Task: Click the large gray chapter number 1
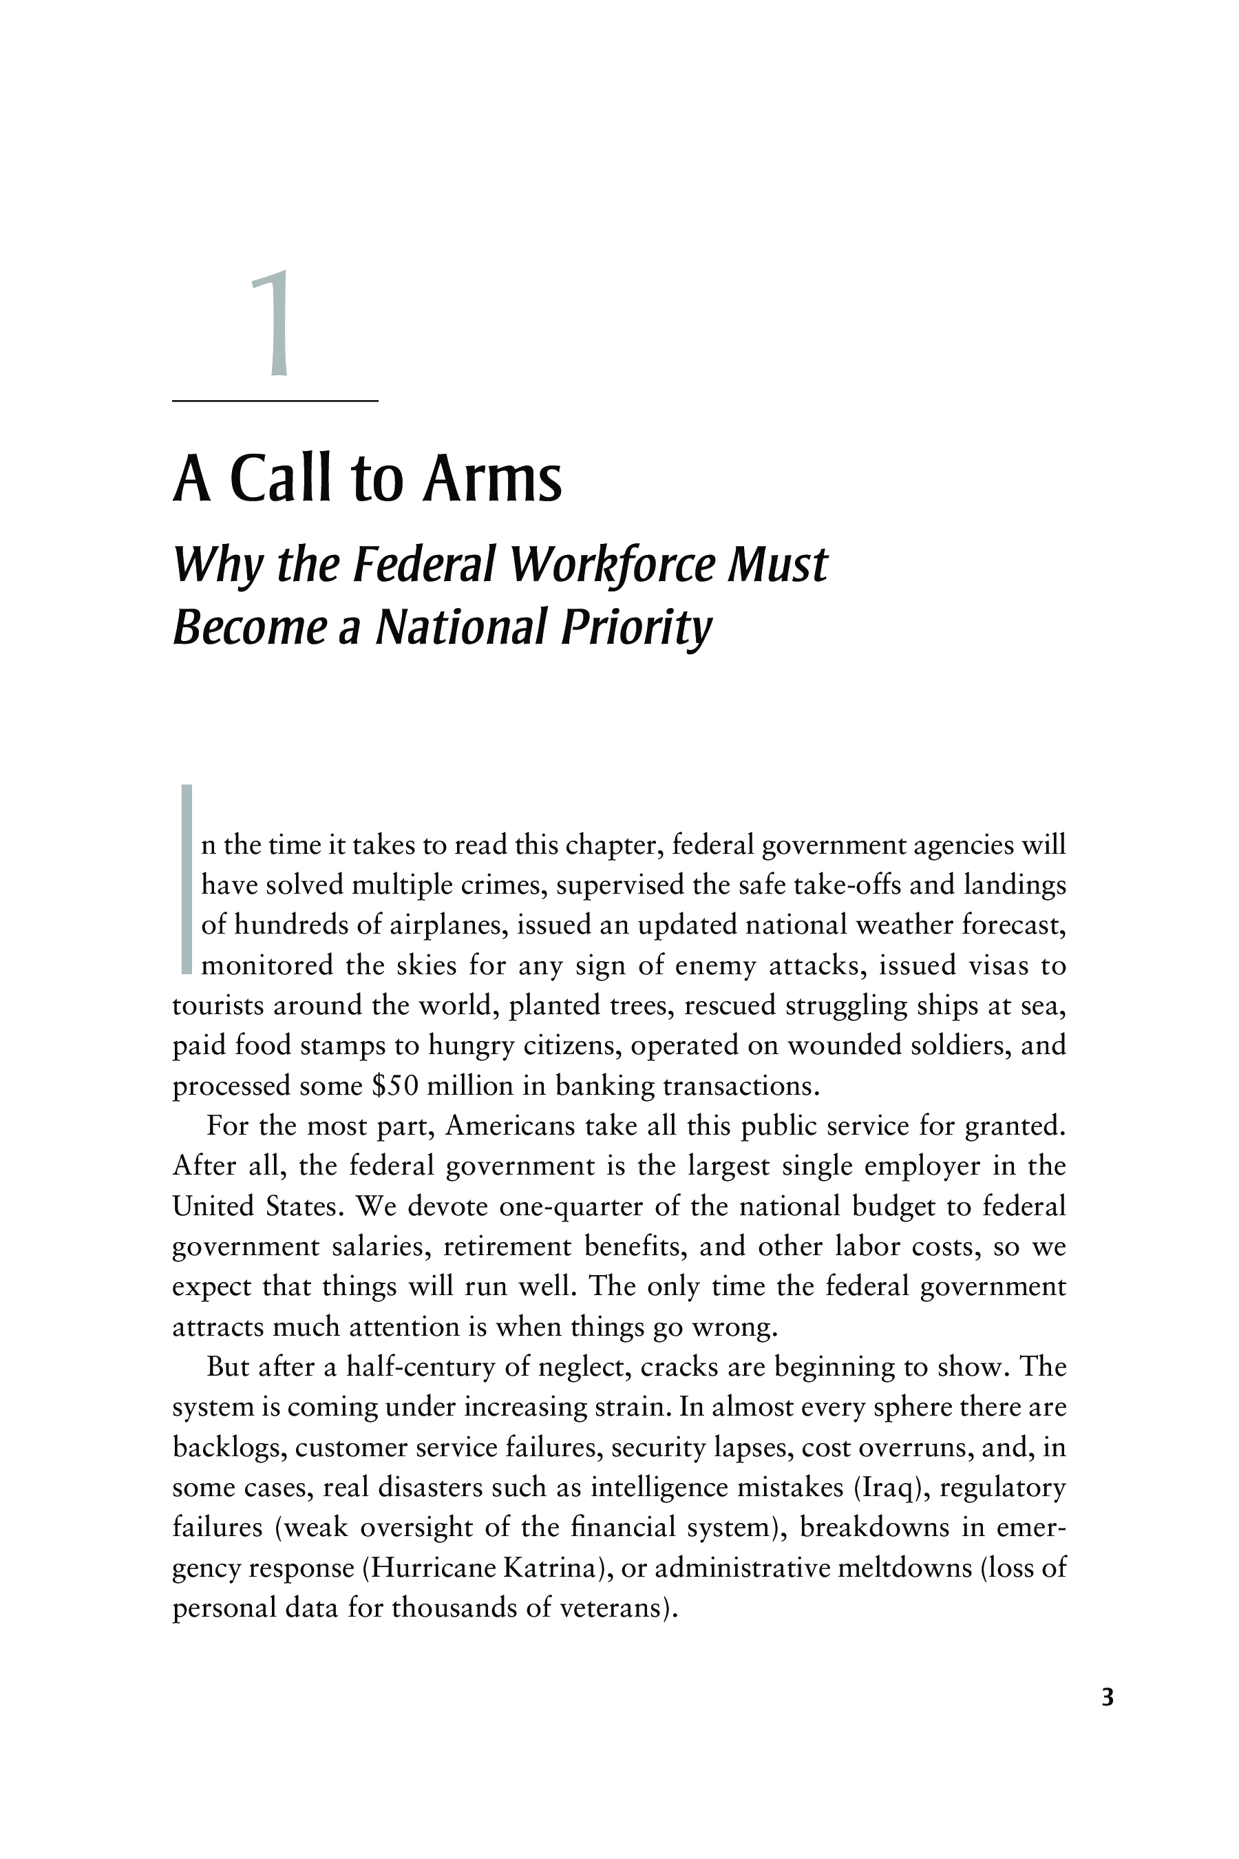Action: tap(273, 324)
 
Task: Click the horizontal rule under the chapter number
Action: tap(275, 401)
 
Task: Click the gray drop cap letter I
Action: tap(187, 878)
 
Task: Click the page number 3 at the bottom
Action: tap(1107, 1720)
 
